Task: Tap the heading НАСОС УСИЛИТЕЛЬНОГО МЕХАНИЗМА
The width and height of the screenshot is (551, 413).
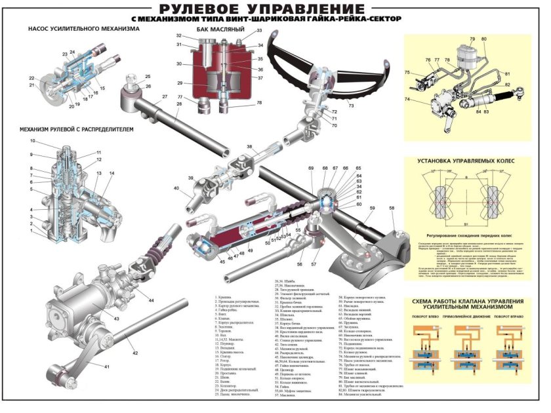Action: [x=84, y=29]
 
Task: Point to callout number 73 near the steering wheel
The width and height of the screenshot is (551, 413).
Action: [x=350, y=105]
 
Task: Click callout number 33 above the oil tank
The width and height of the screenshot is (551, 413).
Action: [x=259, y=31]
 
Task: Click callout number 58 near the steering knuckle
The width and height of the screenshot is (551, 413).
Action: [x=392, y=208]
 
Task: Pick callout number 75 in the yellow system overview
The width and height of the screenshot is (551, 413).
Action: [x=407, y=72]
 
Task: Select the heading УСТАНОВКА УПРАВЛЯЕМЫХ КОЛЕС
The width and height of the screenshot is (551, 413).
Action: [x=465, y=160]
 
